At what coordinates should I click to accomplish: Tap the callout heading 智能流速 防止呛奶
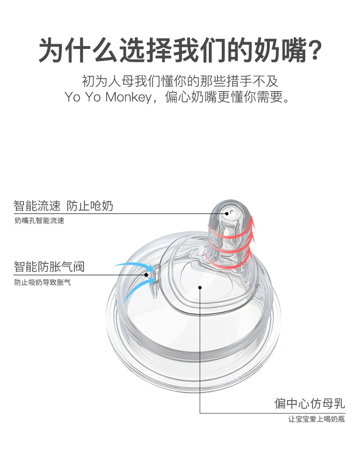[x=63, y=206]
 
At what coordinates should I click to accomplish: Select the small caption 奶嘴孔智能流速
[x=39, y=221]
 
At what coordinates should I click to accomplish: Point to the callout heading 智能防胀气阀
[x=49, y=267]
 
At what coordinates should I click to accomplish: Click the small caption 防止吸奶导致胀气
[x=43, y=283]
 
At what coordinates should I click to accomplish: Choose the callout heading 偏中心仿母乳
[x=310, y=403]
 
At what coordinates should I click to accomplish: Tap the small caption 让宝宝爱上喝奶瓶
[x=316, y=419]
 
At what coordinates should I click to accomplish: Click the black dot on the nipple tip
[x=227, y=213]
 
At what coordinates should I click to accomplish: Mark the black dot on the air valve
[x=146, y=275]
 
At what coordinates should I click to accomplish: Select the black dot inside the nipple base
[x=200, y=287]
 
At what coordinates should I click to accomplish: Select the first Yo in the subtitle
[x=72, y=97]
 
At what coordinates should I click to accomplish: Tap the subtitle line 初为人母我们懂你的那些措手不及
[x=180, y=81]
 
